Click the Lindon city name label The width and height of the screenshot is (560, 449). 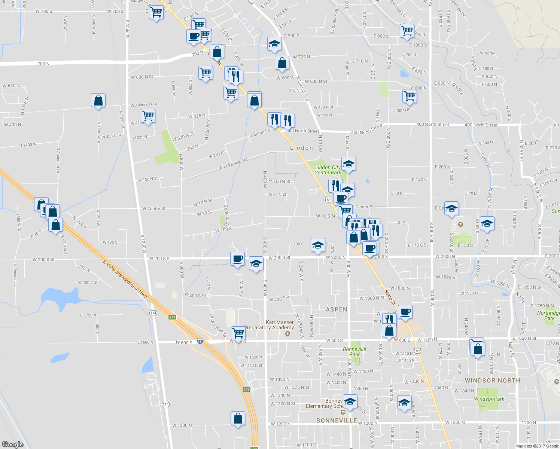pos(301,148)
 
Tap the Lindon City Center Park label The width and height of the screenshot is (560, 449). pos(328,170)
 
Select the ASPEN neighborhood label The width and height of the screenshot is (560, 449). pos(336,309)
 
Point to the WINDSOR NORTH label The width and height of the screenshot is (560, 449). pos(492,381)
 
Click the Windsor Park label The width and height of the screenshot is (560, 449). pos(489,399)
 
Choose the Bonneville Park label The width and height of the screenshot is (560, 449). pos(354,352)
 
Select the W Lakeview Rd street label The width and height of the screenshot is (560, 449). pos(233,164)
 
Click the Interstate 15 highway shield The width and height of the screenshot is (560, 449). pos(200,341)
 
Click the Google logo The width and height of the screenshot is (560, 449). pos(13,444)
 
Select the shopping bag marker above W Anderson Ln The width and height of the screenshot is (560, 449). pos(98,100)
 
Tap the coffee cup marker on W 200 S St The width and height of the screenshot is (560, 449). pos(237,259)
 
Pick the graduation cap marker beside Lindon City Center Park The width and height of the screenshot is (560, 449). pos(349,164)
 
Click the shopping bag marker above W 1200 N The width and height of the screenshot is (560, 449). pos(238,418)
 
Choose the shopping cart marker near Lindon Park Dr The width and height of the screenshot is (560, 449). pos(238,332)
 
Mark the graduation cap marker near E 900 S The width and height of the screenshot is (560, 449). pos(274,44)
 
